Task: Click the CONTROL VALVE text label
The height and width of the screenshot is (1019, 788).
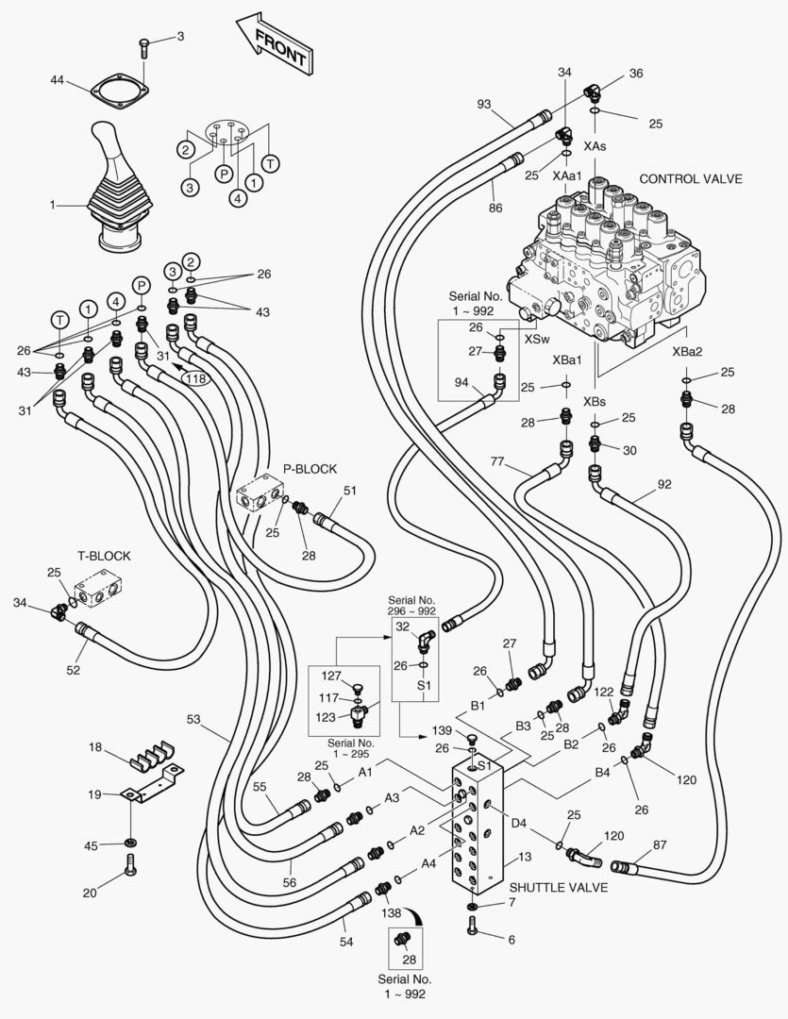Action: (690, 178)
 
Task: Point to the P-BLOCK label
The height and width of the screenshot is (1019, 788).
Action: (310, 468)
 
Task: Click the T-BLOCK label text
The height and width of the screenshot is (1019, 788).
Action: (104, 556)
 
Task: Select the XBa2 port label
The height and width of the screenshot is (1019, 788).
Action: (687, 351)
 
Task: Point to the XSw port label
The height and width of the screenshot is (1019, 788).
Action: (538, 338)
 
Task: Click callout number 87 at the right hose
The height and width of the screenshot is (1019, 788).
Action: (659, 845)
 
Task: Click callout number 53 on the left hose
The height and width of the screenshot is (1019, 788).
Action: (193, 720)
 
